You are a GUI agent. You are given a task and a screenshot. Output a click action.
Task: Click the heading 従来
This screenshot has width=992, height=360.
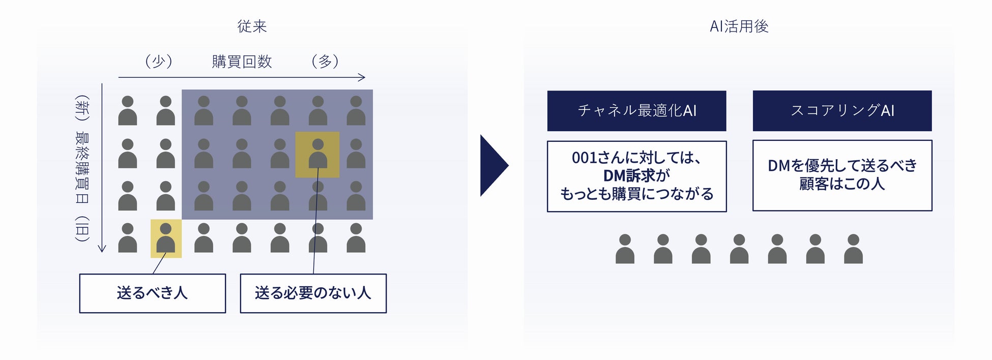(x=252, y=26)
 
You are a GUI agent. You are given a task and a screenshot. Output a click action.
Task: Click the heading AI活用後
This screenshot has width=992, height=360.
(x=739, y=26)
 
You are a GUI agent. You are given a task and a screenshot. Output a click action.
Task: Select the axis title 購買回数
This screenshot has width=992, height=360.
(x=242, y=62)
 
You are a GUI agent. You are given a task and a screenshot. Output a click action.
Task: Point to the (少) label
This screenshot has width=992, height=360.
(x=159, y=62)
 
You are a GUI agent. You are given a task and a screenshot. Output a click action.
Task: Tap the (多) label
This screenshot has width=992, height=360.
(x=325, y=62)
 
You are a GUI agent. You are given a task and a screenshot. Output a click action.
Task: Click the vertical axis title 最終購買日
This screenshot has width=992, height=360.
(x=82, y=166)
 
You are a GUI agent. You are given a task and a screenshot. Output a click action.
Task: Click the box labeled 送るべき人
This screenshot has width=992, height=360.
(x=152, y=293)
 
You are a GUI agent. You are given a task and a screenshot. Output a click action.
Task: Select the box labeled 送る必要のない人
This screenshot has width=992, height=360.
(x=313, y=293)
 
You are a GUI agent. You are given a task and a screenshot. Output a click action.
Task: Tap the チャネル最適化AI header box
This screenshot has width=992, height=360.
(x=636, y=111)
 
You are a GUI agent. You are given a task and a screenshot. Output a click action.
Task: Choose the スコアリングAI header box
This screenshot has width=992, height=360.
(x=842, y=111)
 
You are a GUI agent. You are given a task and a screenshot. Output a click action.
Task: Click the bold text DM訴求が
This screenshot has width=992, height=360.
(x=636, y=175)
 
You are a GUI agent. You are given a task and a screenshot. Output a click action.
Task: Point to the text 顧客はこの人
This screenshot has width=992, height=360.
(x=842, y=184)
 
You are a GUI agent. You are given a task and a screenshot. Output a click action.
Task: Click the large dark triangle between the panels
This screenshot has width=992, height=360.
(x=492, y=165)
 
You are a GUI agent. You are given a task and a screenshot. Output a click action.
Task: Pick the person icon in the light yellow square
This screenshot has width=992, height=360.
(x=166, y=238)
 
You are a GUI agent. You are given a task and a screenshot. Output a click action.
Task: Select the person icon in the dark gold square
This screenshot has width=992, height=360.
(x=317, y=154)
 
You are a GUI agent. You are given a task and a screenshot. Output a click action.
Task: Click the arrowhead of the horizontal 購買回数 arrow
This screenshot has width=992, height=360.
(x=363, y=77)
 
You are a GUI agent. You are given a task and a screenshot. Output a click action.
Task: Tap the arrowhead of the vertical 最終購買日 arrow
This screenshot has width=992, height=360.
(x=102, y=249)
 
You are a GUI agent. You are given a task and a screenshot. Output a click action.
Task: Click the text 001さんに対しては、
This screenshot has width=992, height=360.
(x=636, y=158)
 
